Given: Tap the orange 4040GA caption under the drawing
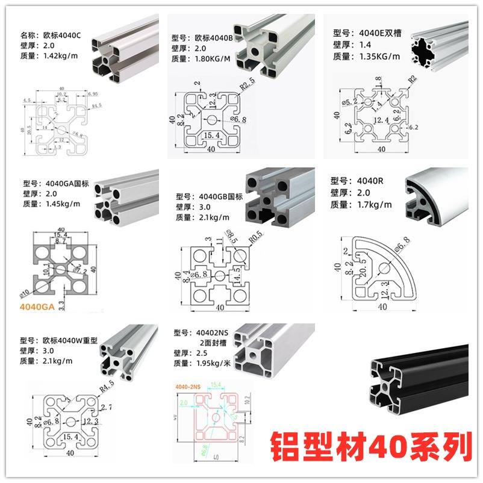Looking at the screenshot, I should point(37,307).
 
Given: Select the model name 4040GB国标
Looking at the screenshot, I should point(220,196).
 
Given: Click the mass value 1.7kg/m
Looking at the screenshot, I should point(370,205).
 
